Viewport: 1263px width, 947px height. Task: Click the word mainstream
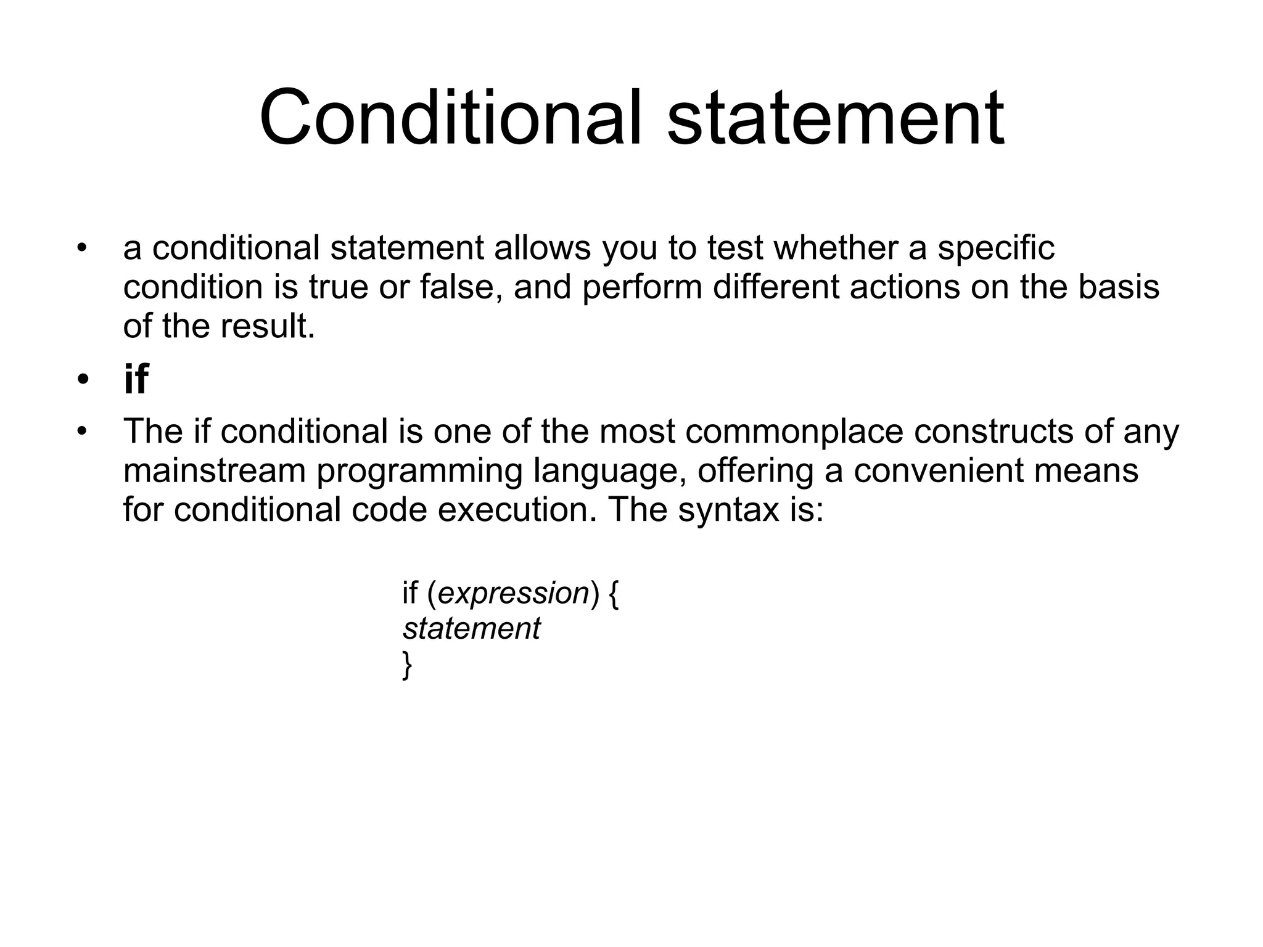click(215, 470)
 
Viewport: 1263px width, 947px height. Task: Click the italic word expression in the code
click(513, 594)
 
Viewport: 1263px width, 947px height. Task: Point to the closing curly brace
click(407, 665)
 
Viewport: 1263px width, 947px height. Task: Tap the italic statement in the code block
click(471, 629)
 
